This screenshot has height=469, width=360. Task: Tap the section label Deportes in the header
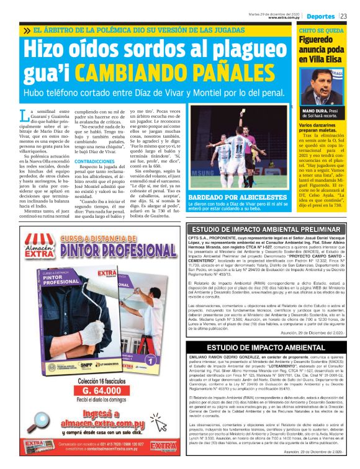click(x=320, y=16)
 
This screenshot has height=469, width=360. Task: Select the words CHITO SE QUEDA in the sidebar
click(x=320, y=30)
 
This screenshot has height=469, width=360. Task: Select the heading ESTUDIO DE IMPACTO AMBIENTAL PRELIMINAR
click(x=265, y=230)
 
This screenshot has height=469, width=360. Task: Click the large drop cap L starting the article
click(x=24, y=115)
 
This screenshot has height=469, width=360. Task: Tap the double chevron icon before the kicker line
click(x=27, y=30)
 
